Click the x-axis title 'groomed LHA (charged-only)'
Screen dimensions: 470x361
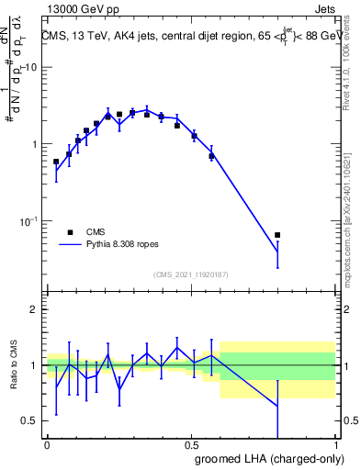pos(265,460)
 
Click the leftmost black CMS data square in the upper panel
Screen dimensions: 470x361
pos(56,162)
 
